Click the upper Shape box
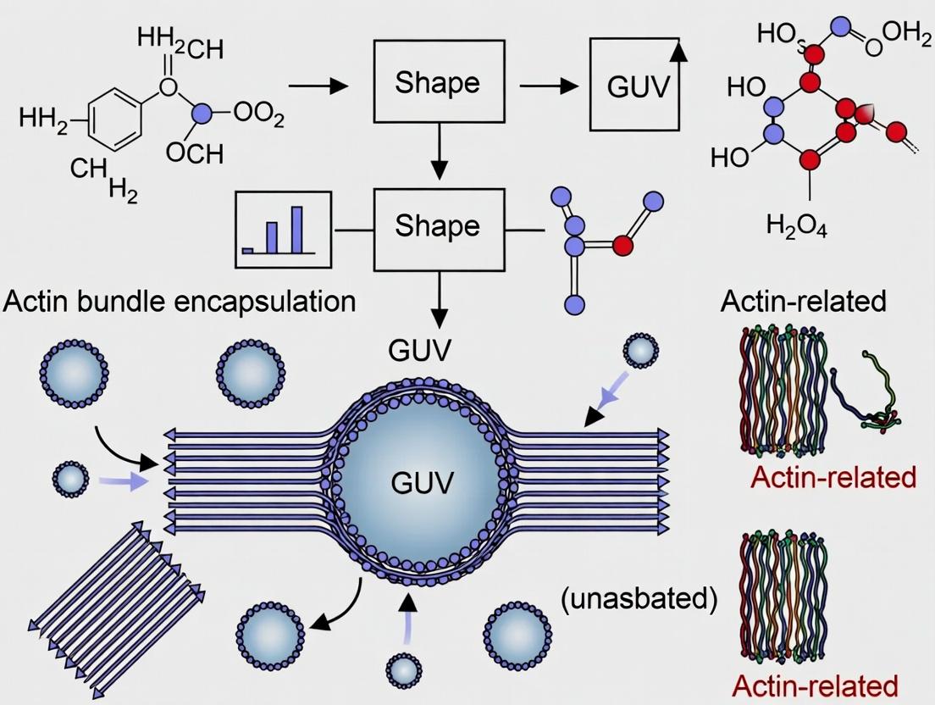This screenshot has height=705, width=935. [x=438, y=83]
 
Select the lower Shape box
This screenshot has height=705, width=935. [x=438, y=226]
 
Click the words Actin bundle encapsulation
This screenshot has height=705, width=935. [x=180, y=301]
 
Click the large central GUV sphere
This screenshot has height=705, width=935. [x=423, y=483]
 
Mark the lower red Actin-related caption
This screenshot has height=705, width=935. [x=815, y=685]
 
